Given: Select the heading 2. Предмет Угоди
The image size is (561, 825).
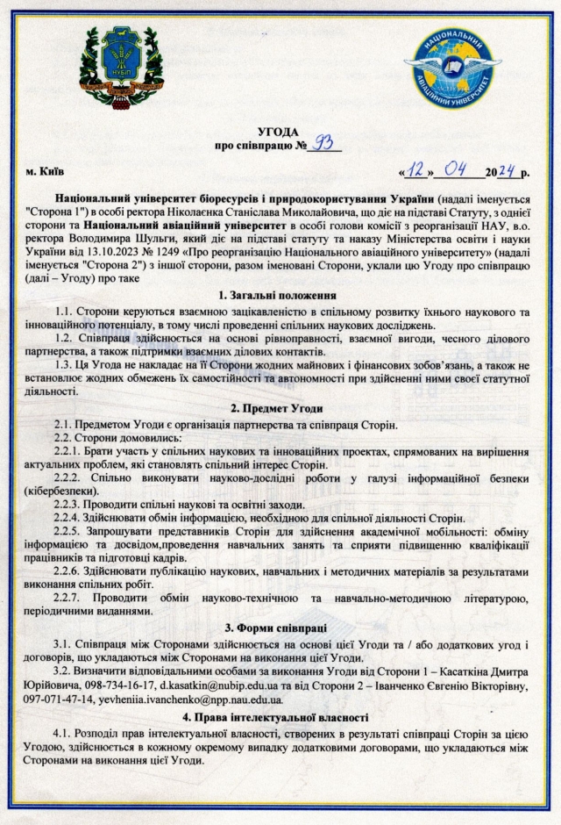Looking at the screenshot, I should click(280, 410).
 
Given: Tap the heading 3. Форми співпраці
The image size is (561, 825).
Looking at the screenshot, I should click(280, 628).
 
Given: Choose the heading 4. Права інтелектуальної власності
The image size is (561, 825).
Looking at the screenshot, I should click(280, 717).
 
